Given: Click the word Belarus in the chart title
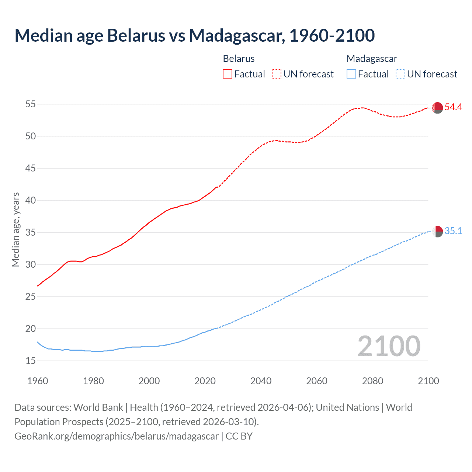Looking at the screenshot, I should [136, 35].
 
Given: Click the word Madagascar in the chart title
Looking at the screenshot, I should [237, 35].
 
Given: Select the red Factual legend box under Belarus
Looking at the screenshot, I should [228, 74].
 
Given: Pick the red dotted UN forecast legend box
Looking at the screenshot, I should [277, 74].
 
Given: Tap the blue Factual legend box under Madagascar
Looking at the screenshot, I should [351, 74].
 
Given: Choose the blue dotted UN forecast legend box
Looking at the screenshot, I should [400, 74].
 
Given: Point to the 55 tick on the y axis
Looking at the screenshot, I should [30, 104].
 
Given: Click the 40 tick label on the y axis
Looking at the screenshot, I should [30, 201].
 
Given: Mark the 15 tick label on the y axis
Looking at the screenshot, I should [30, 361].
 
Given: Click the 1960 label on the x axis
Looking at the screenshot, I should [38, 381].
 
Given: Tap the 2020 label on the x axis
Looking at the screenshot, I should [205, 381].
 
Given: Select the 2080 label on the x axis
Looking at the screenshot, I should [372, 381].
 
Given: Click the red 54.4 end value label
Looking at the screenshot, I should [453, 107].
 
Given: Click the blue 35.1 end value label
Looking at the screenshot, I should [453, 231].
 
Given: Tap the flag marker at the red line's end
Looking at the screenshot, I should [437, 108].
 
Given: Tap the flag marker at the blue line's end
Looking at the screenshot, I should [437, 232].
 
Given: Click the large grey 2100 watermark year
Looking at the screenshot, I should [389, 346].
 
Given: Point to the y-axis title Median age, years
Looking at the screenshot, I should [15, 229].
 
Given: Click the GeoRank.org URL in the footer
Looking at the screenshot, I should [117, 436].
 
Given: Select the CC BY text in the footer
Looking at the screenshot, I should [239, 436].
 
